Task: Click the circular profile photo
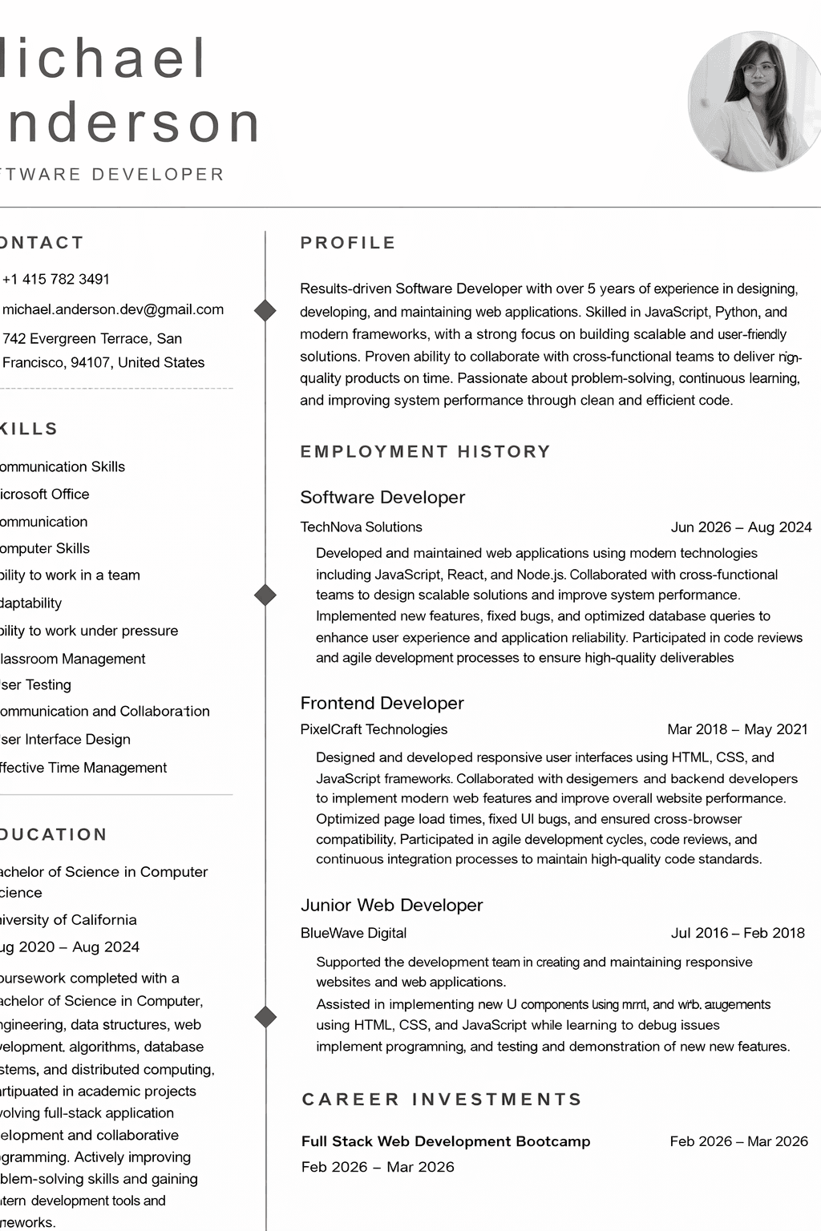(x=754, y=102)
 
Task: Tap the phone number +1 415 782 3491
(x=55, y=279)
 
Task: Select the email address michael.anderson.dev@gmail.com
(x=112, y=309)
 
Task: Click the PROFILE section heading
(x=348, y=243)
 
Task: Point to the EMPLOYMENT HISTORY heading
(x=425, y=451)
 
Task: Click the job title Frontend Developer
(x=382, y=703)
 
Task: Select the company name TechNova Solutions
(x=361, y=527)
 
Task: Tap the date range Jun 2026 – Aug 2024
(x=741, y=527)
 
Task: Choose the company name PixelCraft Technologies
(x=374, y=729)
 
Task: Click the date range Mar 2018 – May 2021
(x=738, y=729)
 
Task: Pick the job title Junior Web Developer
(x=391, y=905)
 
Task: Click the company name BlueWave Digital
(x=354, y=933)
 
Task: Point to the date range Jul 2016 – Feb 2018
(x=738, y=933)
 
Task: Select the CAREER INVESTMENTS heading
(x=442, y=1099)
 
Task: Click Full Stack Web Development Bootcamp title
(x=446, y=1141)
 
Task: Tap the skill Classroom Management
(x=71, y=659)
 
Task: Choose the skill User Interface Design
(x=64, y=739)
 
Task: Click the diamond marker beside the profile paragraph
(x=265, y=310)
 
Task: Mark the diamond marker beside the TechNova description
(x=265, y=595)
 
